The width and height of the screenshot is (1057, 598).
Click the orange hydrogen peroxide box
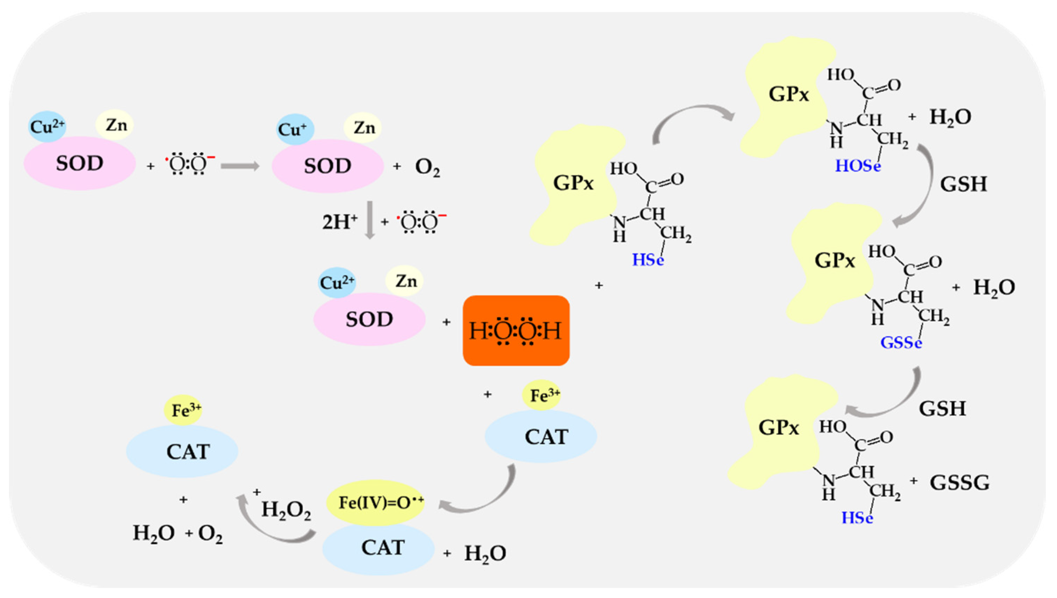tap(516, 330)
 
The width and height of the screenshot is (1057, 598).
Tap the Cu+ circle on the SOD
tap(295, 129)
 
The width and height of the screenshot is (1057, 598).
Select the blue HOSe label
tap(858, 166)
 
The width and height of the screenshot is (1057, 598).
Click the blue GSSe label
tap(901, 342)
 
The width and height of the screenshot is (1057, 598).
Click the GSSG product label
tap(960, 483)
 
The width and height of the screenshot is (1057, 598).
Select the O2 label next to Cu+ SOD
tap(427, 167)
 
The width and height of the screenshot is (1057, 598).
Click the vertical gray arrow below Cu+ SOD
tap(370, 220)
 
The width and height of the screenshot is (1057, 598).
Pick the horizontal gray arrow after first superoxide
tap(240, 166)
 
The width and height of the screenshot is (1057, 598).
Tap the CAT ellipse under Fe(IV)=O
tap(378, 548)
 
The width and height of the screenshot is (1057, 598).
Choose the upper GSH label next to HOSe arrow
tap(963, 184)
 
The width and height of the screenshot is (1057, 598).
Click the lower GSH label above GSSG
tap(942, 409)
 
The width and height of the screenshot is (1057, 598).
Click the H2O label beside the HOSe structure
tap(950, 118)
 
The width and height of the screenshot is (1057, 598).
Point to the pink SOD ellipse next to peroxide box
tap(369, 319)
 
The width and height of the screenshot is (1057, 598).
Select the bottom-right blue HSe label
tap(857, 518)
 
